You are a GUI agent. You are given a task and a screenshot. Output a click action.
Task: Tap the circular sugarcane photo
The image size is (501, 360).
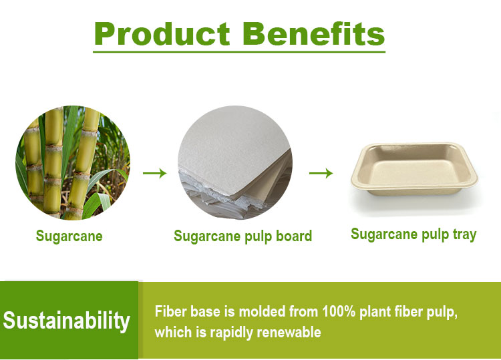pos(73,163)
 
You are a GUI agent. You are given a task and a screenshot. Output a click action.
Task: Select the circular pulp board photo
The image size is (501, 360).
pos(234,163)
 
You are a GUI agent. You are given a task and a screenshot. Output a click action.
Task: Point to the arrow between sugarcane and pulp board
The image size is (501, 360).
pos(154,174)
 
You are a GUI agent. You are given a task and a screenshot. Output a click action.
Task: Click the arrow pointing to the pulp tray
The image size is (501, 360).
pos(321,174)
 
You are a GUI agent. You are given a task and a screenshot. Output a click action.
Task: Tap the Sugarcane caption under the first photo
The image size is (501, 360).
pos(69,236)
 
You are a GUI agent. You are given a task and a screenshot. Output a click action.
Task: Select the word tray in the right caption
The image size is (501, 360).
pos(462,234)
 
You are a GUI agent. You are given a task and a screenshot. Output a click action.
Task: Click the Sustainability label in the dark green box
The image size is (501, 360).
pos(66,321)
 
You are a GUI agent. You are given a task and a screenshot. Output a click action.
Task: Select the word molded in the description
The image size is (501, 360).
pos(257,312)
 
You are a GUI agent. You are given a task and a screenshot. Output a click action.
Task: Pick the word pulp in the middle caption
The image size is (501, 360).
pos(257,236)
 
